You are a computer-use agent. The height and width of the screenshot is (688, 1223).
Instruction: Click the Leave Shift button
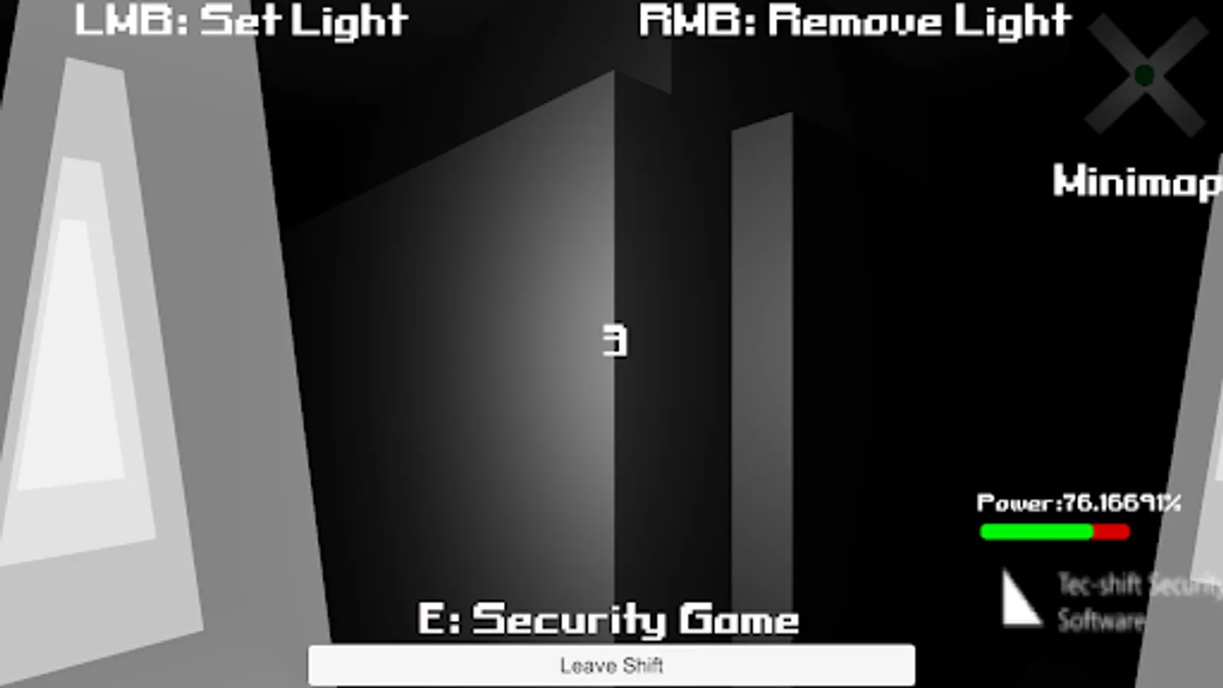(611, 665)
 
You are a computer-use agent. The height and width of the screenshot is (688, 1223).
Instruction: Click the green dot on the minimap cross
(1144, 75)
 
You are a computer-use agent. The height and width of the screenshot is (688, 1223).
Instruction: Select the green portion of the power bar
(1036, 531)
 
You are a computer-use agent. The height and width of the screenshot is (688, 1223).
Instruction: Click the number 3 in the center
(615, 340)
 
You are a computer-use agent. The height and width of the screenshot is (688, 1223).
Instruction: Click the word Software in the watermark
(1101, 620)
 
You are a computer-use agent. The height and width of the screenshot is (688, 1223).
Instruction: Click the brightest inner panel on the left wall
(73, 352)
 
